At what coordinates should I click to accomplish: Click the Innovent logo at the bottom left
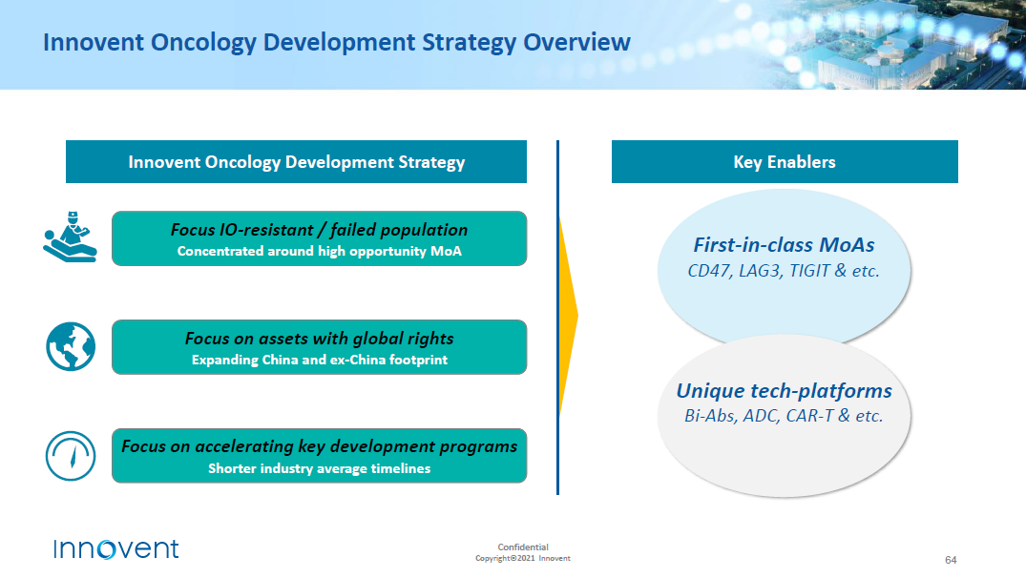[115, 549]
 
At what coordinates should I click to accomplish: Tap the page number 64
[950, 560]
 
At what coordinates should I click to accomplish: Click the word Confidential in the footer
[523, 547]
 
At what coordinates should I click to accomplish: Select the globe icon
[71, 346]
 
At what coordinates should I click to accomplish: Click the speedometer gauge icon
[71, 456]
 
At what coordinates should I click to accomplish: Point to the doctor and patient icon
[70, 237]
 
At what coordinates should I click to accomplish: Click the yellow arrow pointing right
[569, 317]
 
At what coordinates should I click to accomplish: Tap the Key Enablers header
[785, 161]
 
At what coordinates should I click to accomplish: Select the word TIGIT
[809, 271]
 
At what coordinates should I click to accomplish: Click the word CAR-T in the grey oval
[809, 416]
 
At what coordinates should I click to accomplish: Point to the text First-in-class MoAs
[784, 244]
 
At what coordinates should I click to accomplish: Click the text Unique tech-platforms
[784, 390]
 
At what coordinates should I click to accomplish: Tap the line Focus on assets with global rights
[320, 338]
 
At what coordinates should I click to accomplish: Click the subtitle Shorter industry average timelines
[320, 468]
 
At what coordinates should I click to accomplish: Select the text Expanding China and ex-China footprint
[320, 360]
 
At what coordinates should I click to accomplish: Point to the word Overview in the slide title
[576, 43]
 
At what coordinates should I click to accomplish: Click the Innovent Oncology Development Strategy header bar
[297, 161]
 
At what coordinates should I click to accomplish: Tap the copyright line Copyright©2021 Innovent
[523, 558]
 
